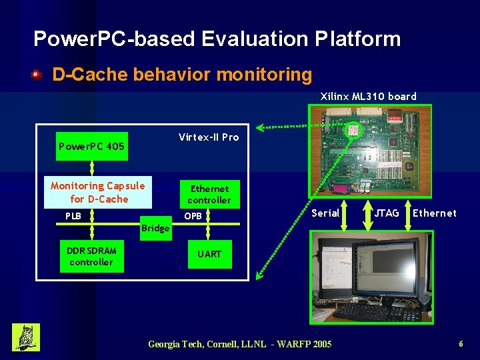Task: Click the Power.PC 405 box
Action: (91, 147)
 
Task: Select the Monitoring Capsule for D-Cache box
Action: (98, 192)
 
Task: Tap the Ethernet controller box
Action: (209, 194)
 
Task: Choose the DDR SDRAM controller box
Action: (91, 256)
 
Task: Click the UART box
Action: (209, 254)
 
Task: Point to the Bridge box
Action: (155, 229)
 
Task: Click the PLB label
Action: (73, 216)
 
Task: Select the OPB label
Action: (193, 216)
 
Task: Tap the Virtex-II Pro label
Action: (208, 137)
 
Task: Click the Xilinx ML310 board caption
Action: (368, 97)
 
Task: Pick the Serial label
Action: (325, 213)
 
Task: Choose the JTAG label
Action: (387, 213)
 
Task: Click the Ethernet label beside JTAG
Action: (435, 213)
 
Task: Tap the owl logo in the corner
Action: (26, 337)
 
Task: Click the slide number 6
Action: (461, 344)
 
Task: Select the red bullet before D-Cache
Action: (37, 75)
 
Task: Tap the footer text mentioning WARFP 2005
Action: (239, 344)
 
